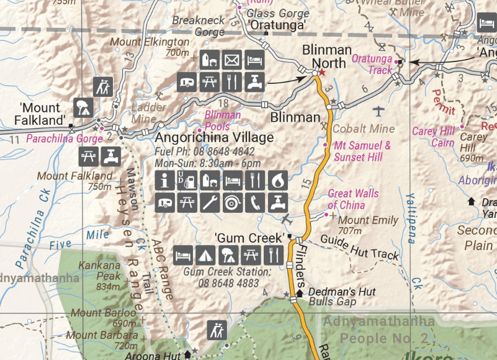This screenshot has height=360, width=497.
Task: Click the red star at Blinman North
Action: [322, 73]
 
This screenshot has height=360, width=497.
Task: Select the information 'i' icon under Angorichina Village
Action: [165, 181]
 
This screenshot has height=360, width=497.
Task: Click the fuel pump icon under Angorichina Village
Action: [186, 181]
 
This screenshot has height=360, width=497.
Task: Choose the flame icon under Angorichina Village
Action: [276, 181]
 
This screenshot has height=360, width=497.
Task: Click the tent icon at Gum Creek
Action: [206, 254]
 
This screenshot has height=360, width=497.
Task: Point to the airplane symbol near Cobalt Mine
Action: [378, 111]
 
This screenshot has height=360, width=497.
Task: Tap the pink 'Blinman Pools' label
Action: [222, 119]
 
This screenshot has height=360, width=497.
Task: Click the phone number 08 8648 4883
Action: [227, 283]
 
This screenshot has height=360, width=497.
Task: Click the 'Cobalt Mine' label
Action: [363, 129]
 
